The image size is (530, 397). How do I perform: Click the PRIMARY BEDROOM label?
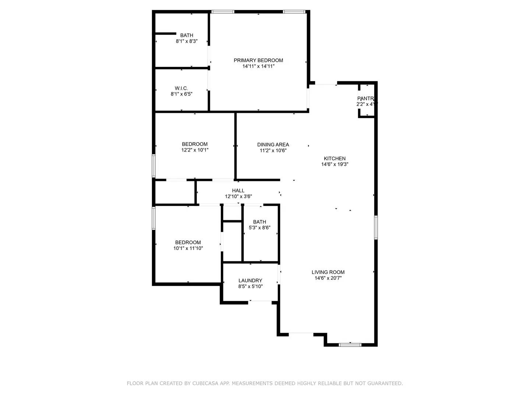(x=258, y=60)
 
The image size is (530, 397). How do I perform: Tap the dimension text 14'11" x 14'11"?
(x=258, y=67)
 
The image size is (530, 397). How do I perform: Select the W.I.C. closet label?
(x=181, y=88)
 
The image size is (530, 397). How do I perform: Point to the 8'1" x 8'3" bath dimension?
(x=187, y=42)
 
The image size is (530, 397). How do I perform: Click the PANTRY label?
(x=366, y=99)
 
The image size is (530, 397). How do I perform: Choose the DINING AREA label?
(x=273, y=144)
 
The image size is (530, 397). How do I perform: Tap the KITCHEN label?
(x=335, y=158)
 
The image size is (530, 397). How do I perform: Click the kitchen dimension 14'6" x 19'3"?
(x=335, y=165)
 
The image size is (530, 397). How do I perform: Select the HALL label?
(x=238, y=190)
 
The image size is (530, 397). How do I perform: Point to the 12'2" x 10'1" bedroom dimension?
(x=195, y=150)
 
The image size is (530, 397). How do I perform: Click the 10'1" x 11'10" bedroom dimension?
(x=188, y=248)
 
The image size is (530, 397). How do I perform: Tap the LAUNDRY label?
(x=250, y=280)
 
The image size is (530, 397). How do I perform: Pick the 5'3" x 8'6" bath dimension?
(x=259, y=228)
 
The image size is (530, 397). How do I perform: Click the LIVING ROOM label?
(x=328, y=272)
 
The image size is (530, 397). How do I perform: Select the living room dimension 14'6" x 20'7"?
(x=328, y=279)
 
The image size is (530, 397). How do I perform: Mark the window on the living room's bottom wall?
(x=350, y=345)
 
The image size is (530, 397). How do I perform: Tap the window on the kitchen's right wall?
(x=376, y=228)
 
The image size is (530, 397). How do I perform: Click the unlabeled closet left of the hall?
(x=174, y=192)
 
